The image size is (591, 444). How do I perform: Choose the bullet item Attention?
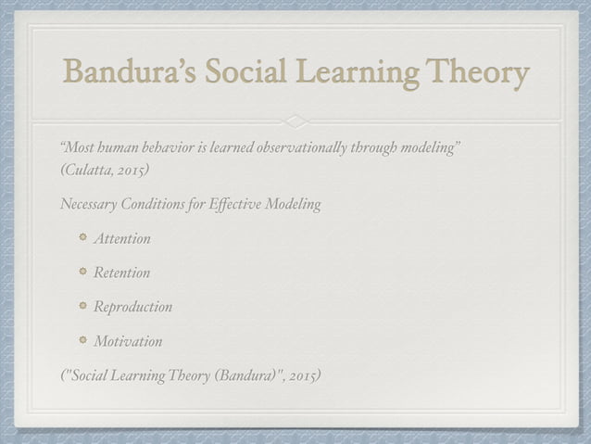click(121, 239)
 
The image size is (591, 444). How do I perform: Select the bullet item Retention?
click(121, 273)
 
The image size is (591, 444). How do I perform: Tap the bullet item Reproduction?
click(132, 307)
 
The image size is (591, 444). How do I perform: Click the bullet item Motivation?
click(128, 341)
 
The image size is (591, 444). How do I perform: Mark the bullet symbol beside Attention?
click(82, 238)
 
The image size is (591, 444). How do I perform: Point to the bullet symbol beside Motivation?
click(82, 340)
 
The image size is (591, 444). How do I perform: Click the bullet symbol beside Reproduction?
click(82, 306)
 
